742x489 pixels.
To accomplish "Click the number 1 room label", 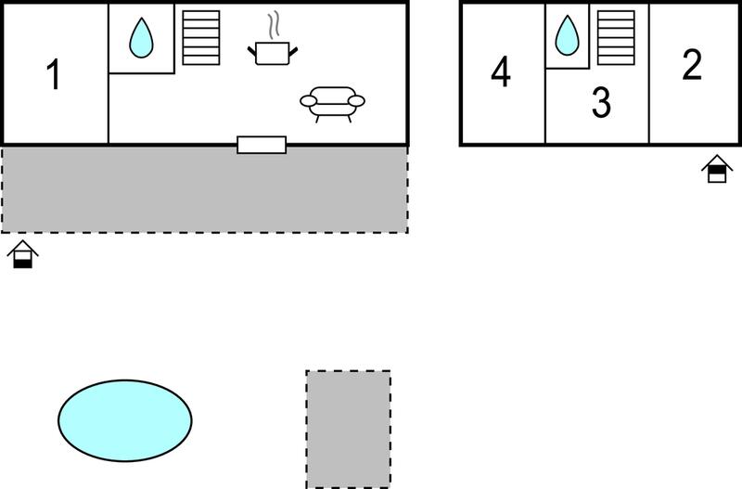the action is tap(54, 74).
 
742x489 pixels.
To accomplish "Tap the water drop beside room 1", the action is tap(141, 38).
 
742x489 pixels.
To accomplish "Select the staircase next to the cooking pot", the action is tap(201, 38).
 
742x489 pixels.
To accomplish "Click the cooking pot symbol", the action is tap(273, 53).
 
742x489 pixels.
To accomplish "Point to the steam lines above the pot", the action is tap(274, 27).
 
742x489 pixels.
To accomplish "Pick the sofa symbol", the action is tap(332, 104).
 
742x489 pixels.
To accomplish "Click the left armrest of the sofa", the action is tap(309, 101).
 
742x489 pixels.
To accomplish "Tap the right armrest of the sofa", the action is tap(356, 101).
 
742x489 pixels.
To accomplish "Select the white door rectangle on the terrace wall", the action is tap(262, 145).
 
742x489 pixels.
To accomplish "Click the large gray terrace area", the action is tap(204, 189).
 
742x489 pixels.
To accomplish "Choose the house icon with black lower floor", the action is tap(22, 254).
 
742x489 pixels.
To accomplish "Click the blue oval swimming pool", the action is tap(125, 420).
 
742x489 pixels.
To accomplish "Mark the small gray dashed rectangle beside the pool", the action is tap(349, 429).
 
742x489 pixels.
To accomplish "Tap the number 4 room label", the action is tap(501, 72).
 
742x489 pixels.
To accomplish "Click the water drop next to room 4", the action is tap(567, 35).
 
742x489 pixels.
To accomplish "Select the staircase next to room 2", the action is tap(616, 38).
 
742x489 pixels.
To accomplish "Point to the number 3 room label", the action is tap(601, 102).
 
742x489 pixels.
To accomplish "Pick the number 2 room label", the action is tap(692, 64).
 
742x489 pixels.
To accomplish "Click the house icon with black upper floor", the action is tap(717, 169).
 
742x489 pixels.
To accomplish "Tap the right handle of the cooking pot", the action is tap(293, 51).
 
